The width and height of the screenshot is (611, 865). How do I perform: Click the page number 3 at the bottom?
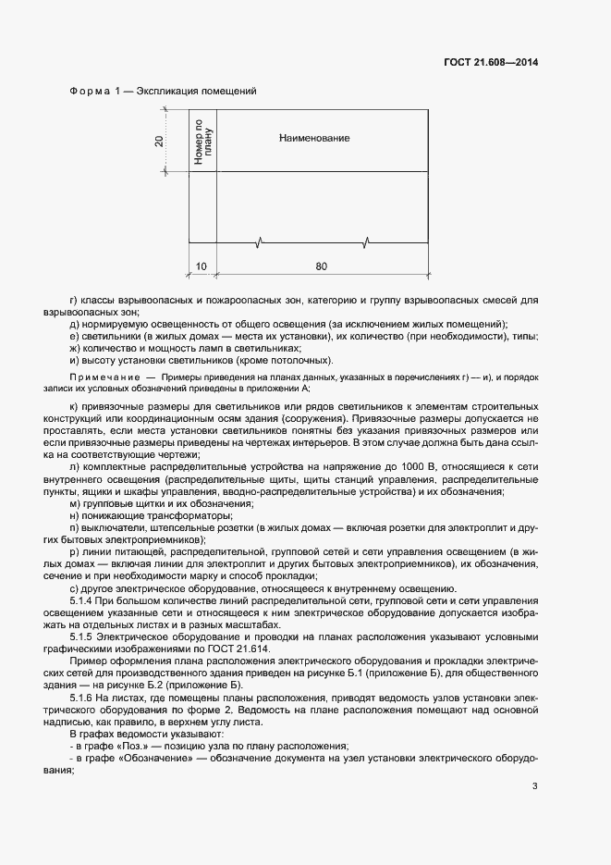click(534, 788)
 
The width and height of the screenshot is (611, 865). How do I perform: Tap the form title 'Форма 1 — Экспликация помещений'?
click(163, 91)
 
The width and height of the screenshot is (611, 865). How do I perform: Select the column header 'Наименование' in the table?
click(314, 138)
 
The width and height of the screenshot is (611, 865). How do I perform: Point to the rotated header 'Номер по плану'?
click(202, 141)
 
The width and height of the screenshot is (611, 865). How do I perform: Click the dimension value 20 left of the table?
click(159, 141)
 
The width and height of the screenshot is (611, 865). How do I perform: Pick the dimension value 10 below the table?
click(202, 267)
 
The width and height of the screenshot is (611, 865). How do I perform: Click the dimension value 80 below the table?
click(321, 267)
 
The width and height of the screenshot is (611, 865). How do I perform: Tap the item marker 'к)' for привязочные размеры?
click(74, 407)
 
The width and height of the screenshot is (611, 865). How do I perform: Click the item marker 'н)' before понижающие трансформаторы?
click(74, 515)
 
